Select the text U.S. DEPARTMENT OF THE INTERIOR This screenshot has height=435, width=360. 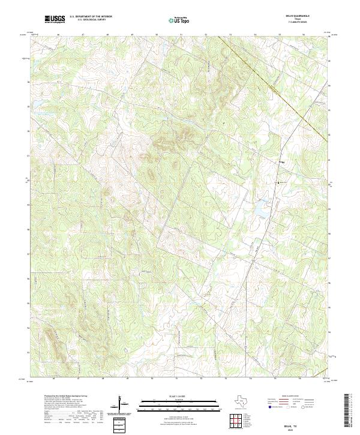(91, 17)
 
